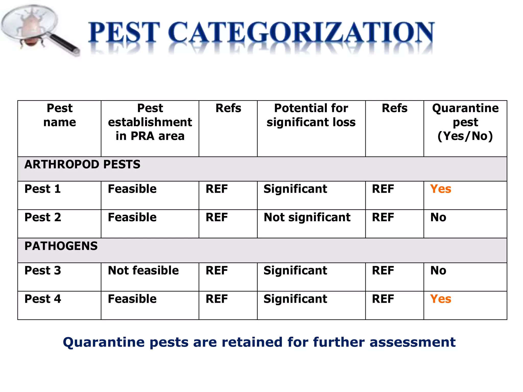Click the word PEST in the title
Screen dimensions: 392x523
(x=124, y=33)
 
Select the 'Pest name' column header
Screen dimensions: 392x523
(x=60, y=115)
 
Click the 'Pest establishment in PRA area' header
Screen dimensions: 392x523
(x=150, y=122)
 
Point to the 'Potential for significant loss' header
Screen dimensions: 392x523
(x=311, y=115)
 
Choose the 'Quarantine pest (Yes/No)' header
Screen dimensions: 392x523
(x=465, y=122)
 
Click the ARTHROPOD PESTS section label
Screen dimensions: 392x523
(x=82, y=165)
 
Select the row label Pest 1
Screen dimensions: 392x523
(x=43, y=189)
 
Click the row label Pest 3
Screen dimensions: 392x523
(x=43, y=271)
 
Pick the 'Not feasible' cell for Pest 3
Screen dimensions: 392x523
(x=143, y=271)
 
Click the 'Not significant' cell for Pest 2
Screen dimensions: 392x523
(x=307, y=217)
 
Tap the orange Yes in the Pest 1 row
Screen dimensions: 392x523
(x=441, y=189)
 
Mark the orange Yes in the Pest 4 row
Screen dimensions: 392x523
(x=441, y=299)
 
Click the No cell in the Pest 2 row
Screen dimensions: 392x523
(x=438, y=217)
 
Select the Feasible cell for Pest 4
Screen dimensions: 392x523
(x=132, y=299)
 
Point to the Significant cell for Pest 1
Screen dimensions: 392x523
(x=295, y=189)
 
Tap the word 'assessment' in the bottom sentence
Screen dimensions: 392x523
(x=412, y=342)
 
